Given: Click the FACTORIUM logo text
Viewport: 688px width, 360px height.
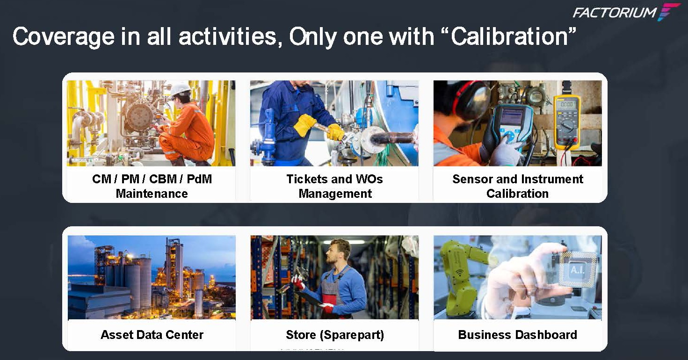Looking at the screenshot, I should point(615,12).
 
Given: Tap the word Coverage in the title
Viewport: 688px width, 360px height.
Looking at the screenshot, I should point(63,36).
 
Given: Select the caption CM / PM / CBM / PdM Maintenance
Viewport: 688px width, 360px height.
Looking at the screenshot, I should point(152,186).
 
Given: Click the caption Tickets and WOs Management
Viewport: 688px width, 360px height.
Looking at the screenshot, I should point(335,186).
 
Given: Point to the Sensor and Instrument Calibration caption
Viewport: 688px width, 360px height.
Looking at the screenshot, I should point(517,186).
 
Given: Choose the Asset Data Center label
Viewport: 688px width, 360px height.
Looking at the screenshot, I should point(152,335).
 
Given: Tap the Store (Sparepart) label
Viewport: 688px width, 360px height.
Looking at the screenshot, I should point(335,335).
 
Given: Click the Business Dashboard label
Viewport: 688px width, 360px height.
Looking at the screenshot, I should point(517,335).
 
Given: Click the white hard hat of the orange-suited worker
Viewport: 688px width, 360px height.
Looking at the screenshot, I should point(180,89).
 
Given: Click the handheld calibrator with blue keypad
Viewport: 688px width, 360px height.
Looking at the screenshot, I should point(512,126).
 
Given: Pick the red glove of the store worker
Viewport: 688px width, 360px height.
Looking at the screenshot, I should point(298,281).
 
